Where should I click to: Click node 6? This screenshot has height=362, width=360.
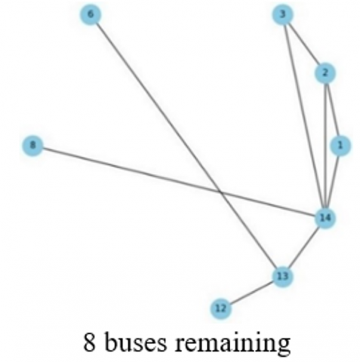click(x=91, y=14)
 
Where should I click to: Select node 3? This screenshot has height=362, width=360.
click(x=282, y=14)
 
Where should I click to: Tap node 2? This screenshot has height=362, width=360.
click(x=325, y=73)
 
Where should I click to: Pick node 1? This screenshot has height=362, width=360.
click(x=340, y=146)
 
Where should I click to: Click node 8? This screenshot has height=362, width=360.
click(x=32, y=146)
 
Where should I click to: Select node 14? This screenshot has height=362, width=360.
click(x=325, y=218)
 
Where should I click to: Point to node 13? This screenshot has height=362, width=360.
click(x=282, y=276)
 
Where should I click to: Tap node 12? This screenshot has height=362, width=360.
click(x=220, y=308)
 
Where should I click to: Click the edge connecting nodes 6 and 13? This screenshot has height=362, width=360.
click(x=186, y=146)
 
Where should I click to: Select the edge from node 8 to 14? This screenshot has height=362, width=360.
click(x=179, y=182)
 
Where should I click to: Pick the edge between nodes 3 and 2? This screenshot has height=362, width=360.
click(x=303, y=44)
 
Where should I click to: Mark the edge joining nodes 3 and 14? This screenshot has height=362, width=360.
click(x=303, y=116)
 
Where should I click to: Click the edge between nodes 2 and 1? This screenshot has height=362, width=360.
click(x=333, y=109)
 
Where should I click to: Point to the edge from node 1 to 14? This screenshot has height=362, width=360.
click(x=333, y=182)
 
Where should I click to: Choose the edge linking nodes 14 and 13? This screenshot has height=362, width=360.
click(x=303, y=247)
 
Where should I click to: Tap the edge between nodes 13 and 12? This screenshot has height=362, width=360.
click(x=251, y=292)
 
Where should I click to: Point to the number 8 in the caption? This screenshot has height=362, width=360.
click(x=89, y=342)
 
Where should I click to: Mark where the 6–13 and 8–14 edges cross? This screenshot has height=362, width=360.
click(x=220, y=192)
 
